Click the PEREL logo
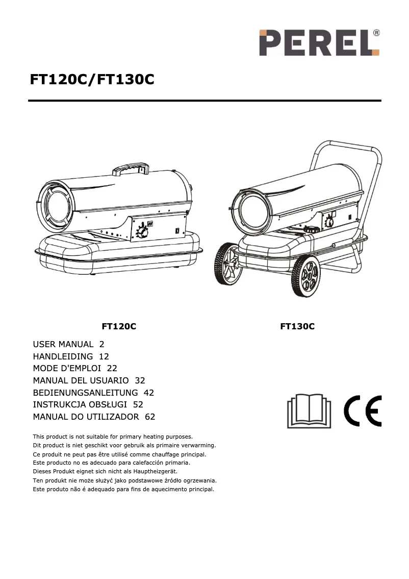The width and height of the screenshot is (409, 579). coord(319,42)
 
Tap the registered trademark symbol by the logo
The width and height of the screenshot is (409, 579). coord(376,33)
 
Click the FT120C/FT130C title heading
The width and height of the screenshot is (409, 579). coord(92,80)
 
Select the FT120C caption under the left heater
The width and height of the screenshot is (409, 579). coord(119,326)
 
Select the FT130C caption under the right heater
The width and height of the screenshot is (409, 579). coord(297,326)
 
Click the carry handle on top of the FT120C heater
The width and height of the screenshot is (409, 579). coord(131,168)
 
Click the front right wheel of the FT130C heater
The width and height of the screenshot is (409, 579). coord(306,276)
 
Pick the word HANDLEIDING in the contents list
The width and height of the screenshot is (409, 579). coord(63,356)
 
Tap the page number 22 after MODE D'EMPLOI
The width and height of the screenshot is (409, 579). coord(113,369)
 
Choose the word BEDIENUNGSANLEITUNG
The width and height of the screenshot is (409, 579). coord(85,393)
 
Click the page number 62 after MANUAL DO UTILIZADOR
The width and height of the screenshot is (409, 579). coord(150,417)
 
